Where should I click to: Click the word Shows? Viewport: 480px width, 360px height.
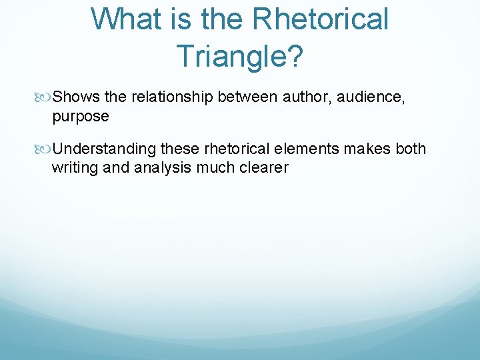point(77,97)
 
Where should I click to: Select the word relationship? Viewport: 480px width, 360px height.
point(172,97)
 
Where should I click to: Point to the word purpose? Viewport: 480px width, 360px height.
point(80,117)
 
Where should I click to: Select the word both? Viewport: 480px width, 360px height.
point(411,149)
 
